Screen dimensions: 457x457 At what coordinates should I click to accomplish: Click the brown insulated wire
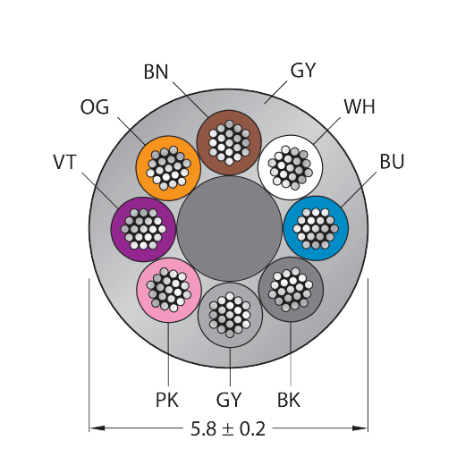tap(229, 142)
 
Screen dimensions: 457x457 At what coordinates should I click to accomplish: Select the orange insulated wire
tap(168, 168)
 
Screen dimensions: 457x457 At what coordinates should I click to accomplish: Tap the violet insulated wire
tap(143, 229)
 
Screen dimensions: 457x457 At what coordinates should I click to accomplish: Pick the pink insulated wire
tap(169, 290)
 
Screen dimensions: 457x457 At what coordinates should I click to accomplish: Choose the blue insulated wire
tap(316, 228)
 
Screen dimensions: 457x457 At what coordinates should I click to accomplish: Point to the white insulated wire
tap(290, 167)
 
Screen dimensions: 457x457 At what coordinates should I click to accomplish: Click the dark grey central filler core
tap(229, 229)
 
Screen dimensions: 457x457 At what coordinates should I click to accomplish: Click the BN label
tap(156, 72)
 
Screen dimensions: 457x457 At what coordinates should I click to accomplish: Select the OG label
tap(95, 107)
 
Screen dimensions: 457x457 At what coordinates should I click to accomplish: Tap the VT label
tap(64, 162)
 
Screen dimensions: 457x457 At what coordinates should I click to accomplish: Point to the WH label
tap(360, 106)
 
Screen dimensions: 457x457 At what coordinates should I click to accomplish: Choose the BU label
tap(392, 161)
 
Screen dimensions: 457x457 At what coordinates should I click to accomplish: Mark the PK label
tap(167, 400)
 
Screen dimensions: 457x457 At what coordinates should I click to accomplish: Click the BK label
tap(289, 400)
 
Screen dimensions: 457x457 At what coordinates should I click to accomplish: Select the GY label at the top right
tap(302, 71)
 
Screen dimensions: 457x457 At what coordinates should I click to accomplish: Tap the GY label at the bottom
tap(228, 400)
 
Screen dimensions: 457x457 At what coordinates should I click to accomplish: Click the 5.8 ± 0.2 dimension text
tap(228, 428)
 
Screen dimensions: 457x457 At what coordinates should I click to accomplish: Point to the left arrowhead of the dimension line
tap(97, 428)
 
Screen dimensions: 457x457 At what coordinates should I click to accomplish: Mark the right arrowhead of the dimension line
tap(360, 428)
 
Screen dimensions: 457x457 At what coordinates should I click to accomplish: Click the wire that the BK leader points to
tap(291, 289)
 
